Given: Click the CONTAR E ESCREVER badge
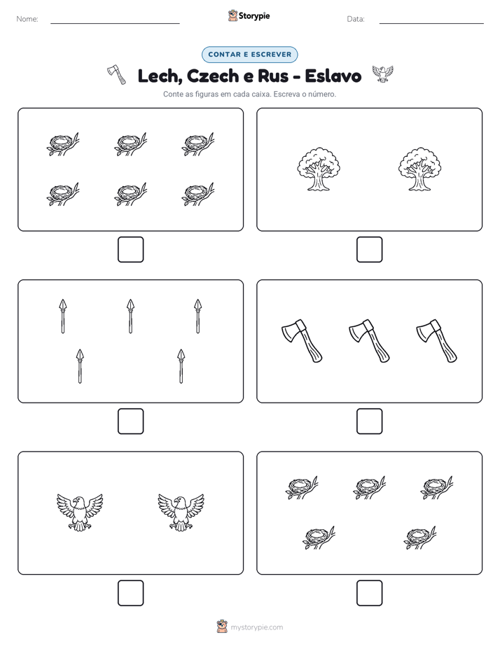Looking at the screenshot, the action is pyautogui.click(x=249, y=55).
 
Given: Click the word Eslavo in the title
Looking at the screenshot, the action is pyautogui.click(x=333, y=76).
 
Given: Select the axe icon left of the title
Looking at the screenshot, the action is pyautogui.click(x=117, y=74).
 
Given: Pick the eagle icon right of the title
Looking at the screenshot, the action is pyautogui.click(x=382, y=74).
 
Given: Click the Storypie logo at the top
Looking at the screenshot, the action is pyautogui.click(x=249, y=16).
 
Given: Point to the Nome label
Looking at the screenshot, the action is pyautogui.click(x=27, y=19).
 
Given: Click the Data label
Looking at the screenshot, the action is pyautogui.click(x=356, y=19).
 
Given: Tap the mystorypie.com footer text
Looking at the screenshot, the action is pyautogui.click(x=256, y=627).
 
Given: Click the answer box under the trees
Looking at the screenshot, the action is pyautogui.click(x=369, y=249).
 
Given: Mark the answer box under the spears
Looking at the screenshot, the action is pyautogui.click(x=130, y=421).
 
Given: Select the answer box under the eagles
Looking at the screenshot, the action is pyautogui.click(x=130, y=592).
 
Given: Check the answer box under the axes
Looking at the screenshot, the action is pyautogui.click(x=369, y=421).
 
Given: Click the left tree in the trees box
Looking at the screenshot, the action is pyautogui.click(x=319, y=169).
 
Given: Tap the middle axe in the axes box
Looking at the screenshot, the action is pyautogui.click(x=369, y=341).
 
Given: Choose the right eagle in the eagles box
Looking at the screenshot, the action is pyautogui.click(x=181, y=512).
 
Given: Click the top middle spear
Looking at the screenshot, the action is pyautogui.click(x=130, y=316).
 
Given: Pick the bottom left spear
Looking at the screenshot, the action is pyautogui.click(x=80, y=366).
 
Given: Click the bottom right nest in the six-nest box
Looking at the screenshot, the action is pyautogui.click(x=198, y=194).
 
